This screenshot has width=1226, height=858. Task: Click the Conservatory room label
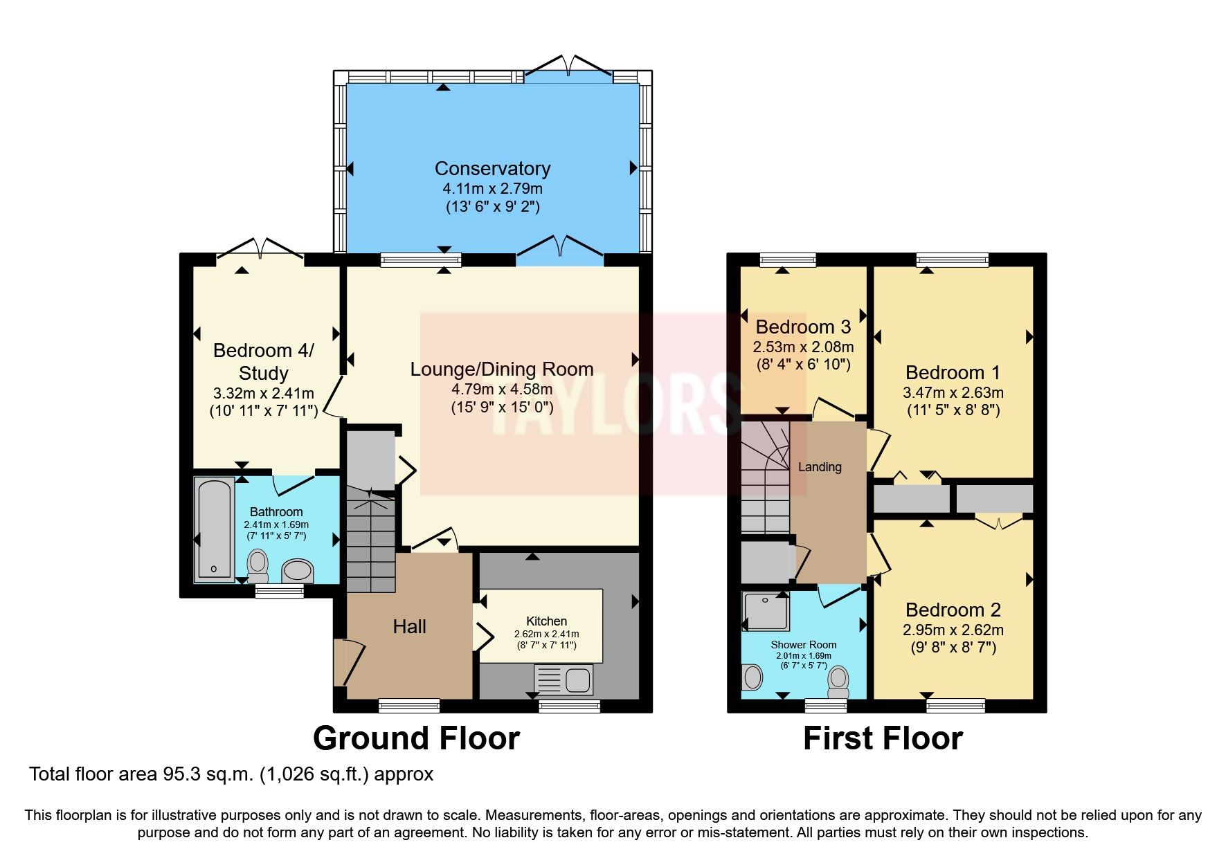[x=492, y=168]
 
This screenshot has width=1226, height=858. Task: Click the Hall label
[x=409, y=627]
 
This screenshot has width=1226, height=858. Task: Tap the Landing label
[x=820, y=467]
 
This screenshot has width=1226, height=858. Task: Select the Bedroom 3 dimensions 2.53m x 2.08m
[x=803, y=347]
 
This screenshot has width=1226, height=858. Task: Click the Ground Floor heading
[x=416, y=738]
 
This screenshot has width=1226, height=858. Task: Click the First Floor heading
[x=883, y=738]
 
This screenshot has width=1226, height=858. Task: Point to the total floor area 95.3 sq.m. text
[x=231, y=774]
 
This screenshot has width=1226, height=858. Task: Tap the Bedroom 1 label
[x=953, y=372]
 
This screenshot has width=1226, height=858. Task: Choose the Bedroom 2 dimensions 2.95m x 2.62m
[x=953, y=630]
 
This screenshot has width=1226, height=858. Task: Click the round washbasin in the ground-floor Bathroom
[x=298, y=571]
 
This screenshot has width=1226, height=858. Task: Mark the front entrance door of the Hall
[x=350, y=663]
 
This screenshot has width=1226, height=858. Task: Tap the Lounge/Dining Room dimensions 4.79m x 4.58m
[x=502, y=389]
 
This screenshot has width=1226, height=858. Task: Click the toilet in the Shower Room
[x=838, y=682]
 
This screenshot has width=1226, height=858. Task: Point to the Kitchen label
[x=546, y=621]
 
